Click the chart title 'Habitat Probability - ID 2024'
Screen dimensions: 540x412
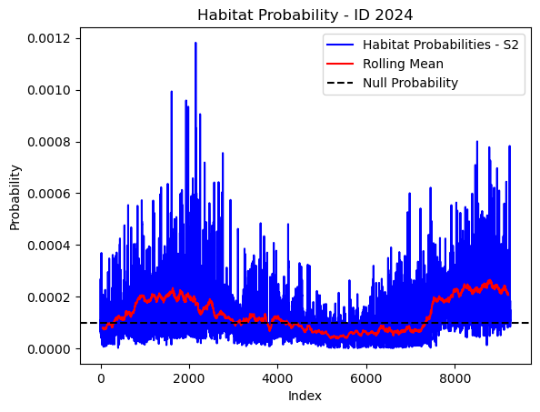click(x=305, y=15)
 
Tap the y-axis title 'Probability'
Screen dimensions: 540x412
click(x=15, y=197)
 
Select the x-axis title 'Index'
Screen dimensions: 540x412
click(x=305, y=396)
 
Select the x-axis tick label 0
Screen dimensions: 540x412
click(x=101, y=378)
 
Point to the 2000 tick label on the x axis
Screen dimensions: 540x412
click(x=189, y=378)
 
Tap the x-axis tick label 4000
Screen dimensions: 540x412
click(x=277, y=378)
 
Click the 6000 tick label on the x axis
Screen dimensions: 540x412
click(x=366, y=378)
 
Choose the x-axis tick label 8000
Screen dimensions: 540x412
click(x=455, y=378)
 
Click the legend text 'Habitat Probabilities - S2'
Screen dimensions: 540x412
click(x=441, y=45)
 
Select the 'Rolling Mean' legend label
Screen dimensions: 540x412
click(x=403, y=64)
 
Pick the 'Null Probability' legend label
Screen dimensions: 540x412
click(x=410, y=83)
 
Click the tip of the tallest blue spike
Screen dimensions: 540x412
click(x=195, y=43)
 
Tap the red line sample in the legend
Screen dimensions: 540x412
click(x=340, y=64)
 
